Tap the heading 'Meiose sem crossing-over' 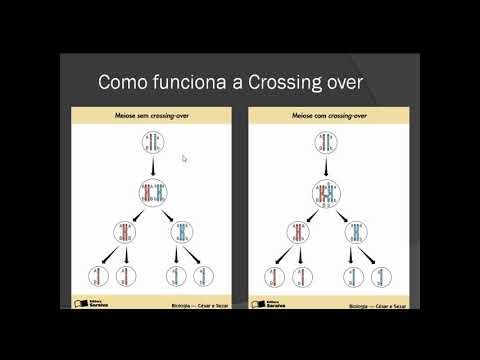[152, 115]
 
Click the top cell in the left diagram [153, 142]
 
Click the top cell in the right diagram [326, 142]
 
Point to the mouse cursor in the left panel [184, 158]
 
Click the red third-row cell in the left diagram [125, 233]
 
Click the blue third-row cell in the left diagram [183, 233]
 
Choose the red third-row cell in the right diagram [298, 233]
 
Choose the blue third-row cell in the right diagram [355, 233]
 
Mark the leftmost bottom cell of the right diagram [273, 276]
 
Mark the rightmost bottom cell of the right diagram [381, 276]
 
